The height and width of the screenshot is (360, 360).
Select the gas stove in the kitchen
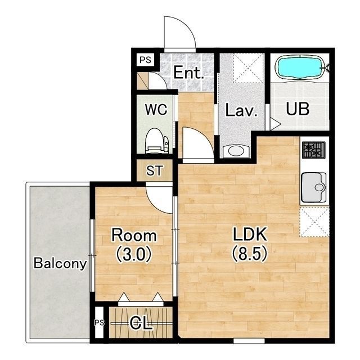314,150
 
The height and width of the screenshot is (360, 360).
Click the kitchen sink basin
314,187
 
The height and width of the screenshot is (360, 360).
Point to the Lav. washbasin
236,151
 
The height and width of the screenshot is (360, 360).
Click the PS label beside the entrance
146,60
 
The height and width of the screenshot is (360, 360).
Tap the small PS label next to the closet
100,323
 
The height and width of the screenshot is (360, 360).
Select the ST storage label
155,170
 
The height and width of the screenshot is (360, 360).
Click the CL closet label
141,323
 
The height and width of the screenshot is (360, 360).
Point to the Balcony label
60,263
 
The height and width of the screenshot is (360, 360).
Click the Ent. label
188,73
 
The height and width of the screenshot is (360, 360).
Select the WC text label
156,110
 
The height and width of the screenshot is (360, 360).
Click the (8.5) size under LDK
250,254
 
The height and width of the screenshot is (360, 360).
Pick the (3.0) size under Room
134,254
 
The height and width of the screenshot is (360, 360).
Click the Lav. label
241,110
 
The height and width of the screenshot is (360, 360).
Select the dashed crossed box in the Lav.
248,68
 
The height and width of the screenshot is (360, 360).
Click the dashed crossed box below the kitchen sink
314,222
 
